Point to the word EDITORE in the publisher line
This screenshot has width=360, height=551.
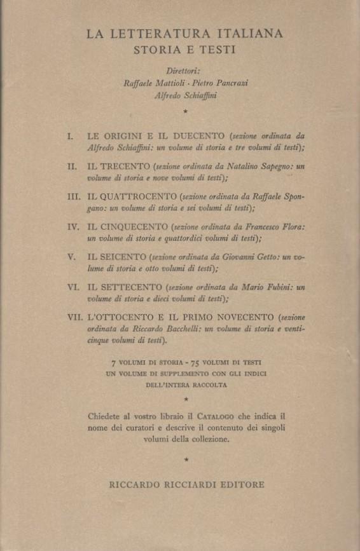[240, 484]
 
